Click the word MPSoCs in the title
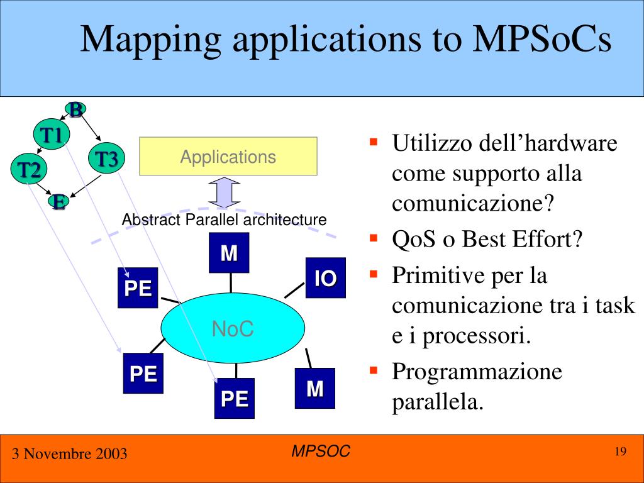point(542,40)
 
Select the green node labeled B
point(75,111)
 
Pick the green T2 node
point(28,170)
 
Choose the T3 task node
point(107,158)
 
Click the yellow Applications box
point(228,157)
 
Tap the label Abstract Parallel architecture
point(224,220)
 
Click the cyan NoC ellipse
point(233,328)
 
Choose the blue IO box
point(325,277)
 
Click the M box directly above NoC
point(229,253)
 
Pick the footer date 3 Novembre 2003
point(69,453)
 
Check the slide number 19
point(620,452)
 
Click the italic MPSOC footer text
point(321,450)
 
